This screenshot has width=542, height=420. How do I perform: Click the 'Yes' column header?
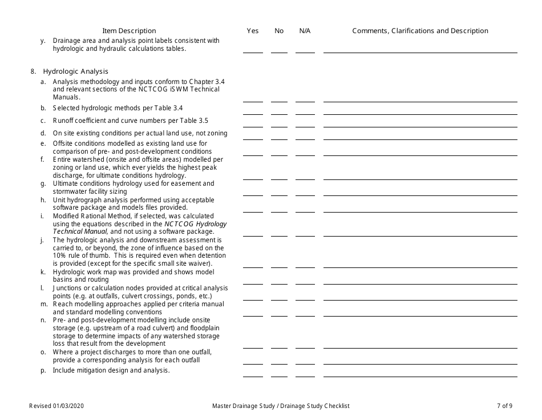pos(253,31)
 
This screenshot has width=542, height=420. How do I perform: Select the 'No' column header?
pos(279,31)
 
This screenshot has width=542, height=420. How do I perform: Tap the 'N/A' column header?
pos(305,31)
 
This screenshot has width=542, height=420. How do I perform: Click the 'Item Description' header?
pos(129,31)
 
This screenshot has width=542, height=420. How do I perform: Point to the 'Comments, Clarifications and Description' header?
pos(420,31)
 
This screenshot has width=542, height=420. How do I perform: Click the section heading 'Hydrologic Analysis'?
pos(75,71)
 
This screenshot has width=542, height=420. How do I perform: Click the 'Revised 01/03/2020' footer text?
pos(59,406)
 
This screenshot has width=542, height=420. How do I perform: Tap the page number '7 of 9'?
pos(504,406)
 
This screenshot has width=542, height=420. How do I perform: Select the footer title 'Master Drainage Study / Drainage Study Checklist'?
pos(281,406)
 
